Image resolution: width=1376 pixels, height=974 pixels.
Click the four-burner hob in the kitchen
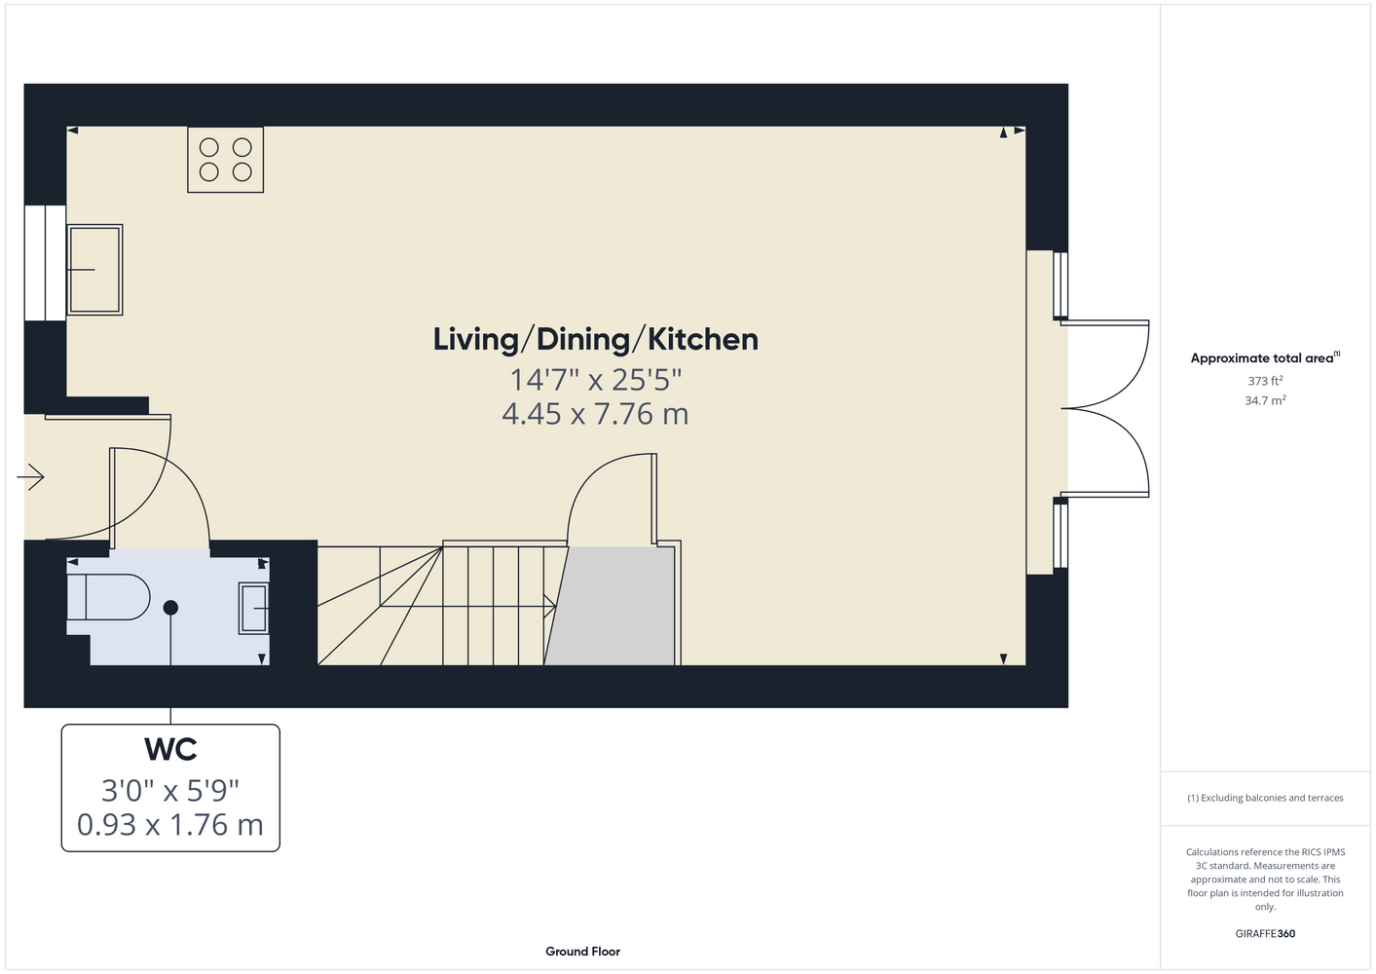pos(226,160)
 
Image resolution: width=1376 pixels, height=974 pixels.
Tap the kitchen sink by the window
pos(94,270)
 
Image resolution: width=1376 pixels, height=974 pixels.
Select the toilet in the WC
pos(108,597)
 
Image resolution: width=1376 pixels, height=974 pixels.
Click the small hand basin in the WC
pos(254,608)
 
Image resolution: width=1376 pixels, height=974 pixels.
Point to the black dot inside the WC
pos(170,608)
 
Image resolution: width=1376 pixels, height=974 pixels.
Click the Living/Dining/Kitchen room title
pos(596,340)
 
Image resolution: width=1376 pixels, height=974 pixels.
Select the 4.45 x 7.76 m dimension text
pos(595,414)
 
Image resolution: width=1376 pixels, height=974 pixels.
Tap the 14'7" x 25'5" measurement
pos(596,380)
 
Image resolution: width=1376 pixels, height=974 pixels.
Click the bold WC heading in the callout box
pos(170,749)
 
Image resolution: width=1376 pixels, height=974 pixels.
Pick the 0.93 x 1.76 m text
pos(170,825)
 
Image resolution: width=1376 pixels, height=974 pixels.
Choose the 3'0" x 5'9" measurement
pos(170,790)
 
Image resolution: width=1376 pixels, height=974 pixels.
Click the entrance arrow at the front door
pos(31,477)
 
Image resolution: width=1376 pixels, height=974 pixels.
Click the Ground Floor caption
pos(583,952)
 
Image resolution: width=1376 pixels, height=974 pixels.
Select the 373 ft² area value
pos(1265,381)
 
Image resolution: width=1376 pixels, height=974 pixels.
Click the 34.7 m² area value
pos(1265,400)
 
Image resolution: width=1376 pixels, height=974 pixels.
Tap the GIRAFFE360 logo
pos(1265,933)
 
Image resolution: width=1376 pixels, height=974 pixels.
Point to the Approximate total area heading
pos(1265,357)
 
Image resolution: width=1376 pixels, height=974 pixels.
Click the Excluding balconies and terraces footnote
pos(1265,798)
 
